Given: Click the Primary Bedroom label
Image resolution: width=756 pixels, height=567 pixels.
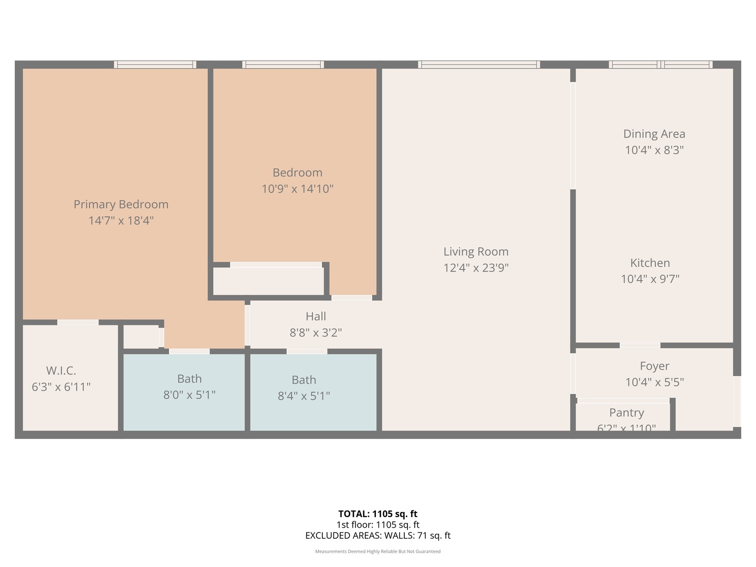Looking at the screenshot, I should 121,204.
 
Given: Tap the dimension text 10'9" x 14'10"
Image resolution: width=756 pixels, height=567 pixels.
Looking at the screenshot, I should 298,188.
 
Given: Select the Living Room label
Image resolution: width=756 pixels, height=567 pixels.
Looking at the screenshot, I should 476,251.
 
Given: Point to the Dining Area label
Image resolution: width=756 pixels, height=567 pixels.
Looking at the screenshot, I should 654,134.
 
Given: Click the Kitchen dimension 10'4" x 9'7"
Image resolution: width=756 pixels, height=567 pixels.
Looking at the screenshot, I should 650,279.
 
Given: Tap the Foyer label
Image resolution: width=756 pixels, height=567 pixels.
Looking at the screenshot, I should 654,366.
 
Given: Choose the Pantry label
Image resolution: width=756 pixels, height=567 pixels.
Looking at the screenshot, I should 626,413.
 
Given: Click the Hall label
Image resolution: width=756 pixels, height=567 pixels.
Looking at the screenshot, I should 316,317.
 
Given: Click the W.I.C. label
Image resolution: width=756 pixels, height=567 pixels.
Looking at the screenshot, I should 61,371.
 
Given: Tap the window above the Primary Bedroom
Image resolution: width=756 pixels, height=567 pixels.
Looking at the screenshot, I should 155,65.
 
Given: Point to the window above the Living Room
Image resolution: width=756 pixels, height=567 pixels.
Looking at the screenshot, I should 479,65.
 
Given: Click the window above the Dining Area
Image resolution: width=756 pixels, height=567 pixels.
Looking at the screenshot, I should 660,65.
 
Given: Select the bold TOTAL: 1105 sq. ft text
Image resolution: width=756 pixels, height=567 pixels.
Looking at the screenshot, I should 377,514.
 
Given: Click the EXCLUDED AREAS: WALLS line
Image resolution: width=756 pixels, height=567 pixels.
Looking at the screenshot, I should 377,535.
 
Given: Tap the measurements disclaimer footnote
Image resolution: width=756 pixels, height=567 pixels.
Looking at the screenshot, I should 377,551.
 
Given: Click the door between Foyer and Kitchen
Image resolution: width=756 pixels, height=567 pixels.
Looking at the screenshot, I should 639,345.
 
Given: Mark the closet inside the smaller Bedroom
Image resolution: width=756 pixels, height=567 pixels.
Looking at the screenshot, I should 268,281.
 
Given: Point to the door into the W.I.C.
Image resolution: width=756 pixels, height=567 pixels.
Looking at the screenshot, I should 78,322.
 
